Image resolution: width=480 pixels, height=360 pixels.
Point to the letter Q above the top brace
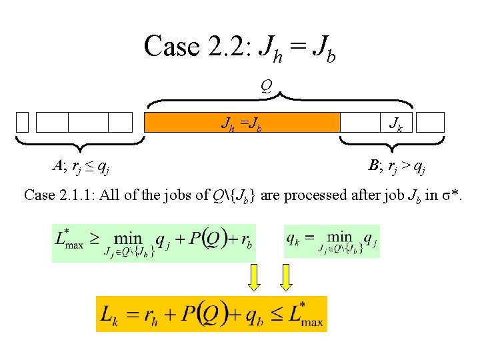click(266, 85)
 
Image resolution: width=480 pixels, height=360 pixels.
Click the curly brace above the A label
click(80, 142)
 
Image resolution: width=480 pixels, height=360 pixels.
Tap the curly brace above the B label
click(392, 142)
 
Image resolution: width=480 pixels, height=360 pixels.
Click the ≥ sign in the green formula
click(96, 238)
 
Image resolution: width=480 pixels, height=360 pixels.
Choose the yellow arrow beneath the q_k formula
click(287, 277)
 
